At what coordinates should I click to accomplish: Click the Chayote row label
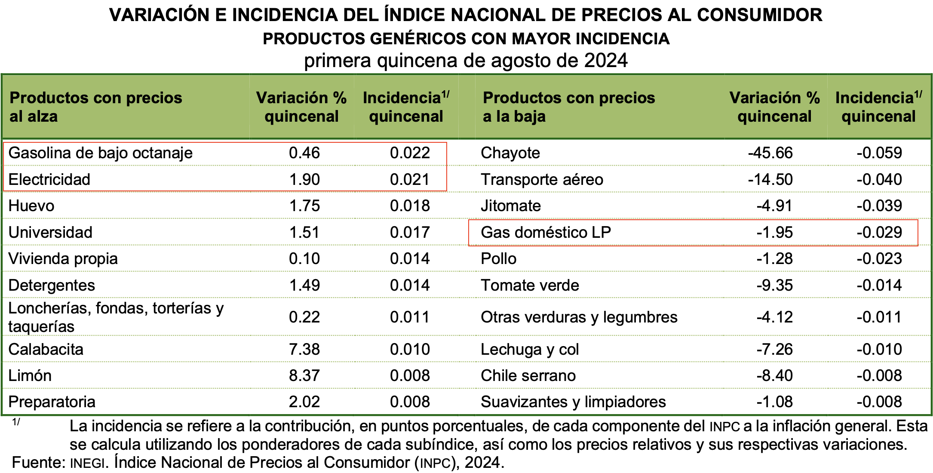click(x=510, y=153)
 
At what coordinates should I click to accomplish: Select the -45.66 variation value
click(x=770, y=153)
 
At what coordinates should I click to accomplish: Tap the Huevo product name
click(x=31, y=206)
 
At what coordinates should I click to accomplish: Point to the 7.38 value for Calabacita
click(x=304, y=349)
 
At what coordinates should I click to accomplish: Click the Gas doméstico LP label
click(x=546, y=233)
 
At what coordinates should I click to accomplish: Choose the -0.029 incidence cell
click(x=879, y=233)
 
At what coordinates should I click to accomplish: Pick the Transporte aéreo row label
click(x=542, y=180)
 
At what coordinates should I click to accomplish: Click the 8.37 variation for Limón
click(x=304, y=376)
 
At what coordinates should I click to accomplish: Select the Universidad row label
click(x=50, y=233)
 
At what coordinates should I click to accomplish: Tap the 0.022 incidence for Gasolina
click(x=410, y=153)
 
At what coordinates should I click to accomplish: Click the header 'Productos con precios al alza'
click(x=95, y=107)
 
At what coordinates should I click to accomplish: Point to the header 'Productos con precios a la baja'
click(x=568, y=107)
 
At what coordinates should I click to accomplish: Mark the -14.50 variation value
click(x=770, y=180)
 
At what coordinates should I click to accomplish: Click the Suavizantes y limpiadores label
click(x=573, y=402)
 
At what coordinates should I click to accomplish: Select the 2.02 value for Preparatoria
click(x=304, y=402)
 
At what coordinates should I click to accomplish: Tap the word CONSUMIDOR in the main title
click(x=759, y=15)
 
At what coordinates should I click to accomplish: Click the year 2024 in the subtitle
click(x=606, y=61)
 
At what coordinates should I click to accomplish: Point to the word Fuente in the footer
click(x=38, y=463)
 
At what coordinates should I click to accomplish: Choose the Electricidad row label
click(x=49, y=180)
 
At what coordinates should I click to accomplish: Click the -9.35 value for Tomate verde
click(x=774, y=286)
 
